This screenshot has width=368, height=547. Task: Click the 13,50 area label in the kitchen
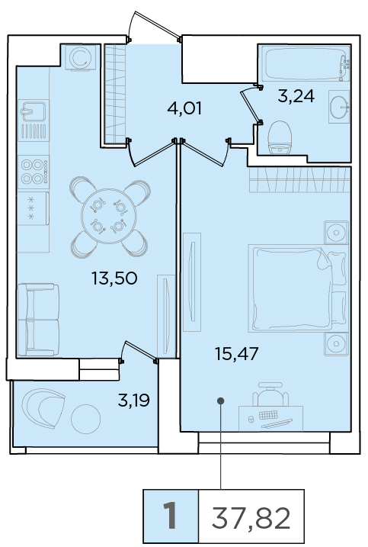click(x=114, y=278)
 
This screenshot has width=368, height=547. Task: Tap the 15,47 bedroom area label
click(x=237, y=354)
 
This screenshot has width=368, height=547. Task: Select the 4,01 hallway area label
click(x=184, y=108)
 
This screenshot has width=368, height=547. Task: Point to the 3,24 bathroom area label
click(x=296, y=95)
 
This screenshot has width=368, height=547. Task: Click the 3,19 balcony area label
click(x=134, y=401)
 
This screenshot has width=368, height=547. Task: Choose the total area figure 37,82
click(x=251, y=518)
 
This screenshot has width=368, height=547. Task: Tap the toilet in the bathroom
click(x=280, y=137)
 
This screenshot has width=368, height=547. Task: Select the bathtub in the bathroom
click(x=304, y=64)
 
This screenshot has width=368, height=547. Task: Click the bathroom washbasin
click(x=339, y=107)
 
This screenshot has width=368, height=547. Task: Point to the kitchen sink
click(x=33, y=110)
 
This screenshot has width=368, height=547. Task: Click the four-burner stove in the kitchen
click(x=34, y=172)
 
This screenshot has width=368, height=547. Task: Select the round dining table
click(x=107, y=216)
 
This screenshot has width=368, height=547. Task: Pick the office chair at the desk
click(x=270, y=394)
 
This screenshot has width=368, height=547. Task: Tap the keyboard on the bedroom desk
click(x=268, y=415)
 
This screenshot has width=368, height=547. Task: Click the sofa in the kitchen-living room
click(x=38, y=320)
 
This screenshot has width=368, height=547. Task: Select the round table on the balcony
click(x=86, y=419)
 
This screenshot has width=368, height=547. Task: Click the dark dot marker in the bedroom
click(x=220, y=401)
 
